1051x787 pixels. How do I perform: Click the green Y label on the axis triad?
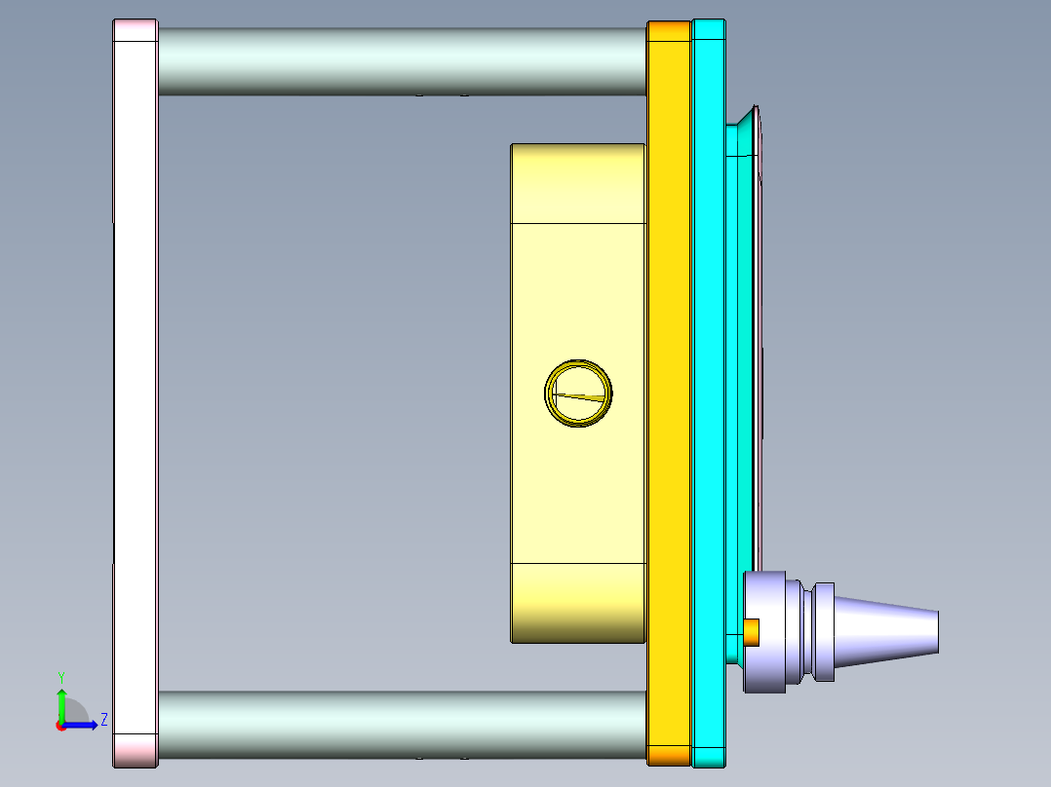[60, 676]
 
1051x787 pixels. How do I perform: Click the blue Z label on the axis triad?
[103, 720]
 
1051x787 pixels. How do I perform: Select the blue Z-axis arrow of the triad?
[83, 724]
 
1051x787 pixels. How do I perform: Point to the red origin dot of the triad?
[60, 725]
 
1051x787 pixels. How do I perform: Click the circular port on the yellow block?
[578, 393]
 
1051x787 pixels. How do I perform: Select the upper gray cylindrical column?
[402, 60]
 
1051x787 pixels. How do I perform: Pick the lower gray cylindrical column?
[402, 724]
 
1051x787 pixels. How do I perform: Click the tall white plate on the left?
[136, 390]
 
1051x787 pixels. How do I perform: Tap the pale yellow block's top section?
[578, 183]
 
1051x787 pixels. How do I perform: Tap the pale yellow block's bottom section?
[578, 602]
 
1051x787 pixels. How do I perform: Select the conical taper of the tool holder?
[887, 631]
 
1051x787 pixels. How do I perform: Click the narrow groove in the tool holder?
[806, 631]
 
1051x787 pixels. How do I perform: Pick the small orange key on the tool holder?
[752, 631]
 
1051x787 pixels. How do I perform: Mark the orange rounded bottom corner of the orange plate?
[669, 755]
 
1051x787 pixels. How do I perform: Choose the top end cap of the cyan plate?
[709, 29]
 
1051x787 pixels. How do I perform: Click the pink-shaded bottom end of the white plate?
[136, 750]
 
